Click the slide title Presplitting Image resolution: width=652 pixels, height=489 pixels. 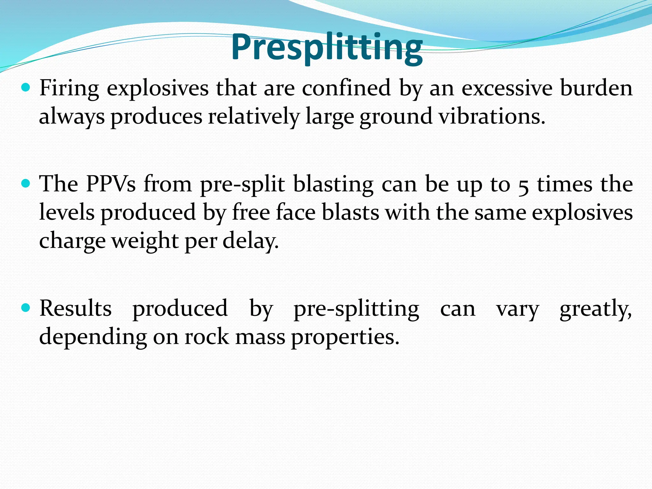pos(327,48)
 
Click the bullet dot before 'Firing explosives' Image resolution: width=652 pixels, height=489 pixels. pos(25,87)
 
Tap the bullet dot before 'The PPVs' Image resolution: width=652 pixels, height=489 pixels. pos(25,183)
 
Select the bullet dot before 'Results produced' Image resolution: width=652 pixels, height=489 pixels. pos(25,308)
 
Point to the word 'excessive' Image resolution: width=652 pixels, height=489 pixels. pos(507,88)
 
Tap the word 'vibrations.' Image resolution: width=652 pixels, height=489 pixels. pos(492,117)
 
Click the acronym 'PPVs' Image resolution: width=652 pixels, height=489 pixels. pos(111,184)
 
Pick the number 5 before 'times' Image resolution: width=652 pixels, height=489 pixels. pos(524,186)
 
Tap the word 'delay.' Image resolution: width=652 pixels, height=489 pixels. pos(251,241)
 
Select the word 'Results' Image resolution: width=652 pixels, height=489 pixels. pos(75,308)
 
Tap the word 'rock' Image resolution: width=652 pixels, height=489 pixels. pos(207,337)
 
